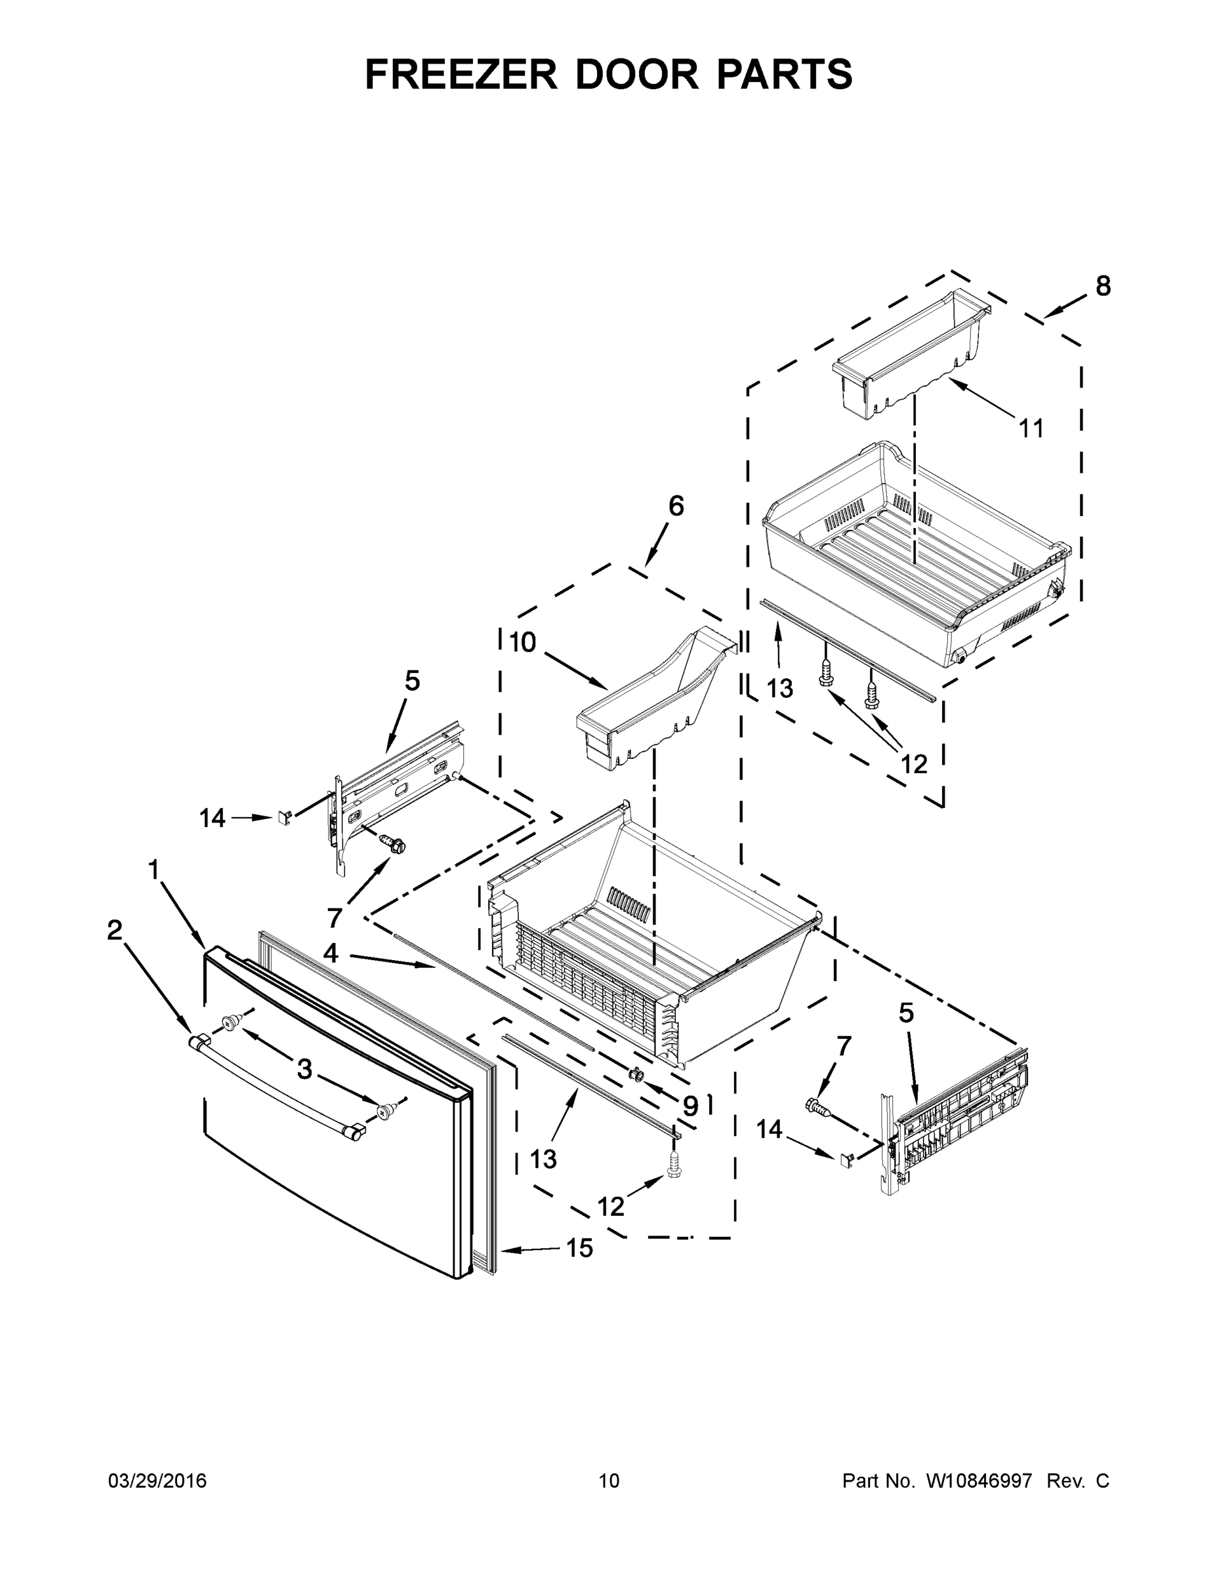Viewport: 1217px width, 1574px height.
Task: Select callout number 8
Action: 1103,286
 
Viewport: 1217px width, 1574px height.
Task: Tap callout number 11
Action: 1031,429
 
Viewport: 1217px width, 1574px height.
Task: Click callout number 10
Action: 523,642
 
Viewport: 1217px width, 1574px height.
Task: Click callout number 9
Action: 690,1105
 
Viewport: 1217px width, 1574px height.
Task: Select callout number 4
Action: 330,954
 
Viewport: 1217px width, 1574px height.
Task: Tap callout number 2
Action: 115,931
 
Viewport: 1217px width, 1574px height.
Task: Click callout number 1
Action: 153,870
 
